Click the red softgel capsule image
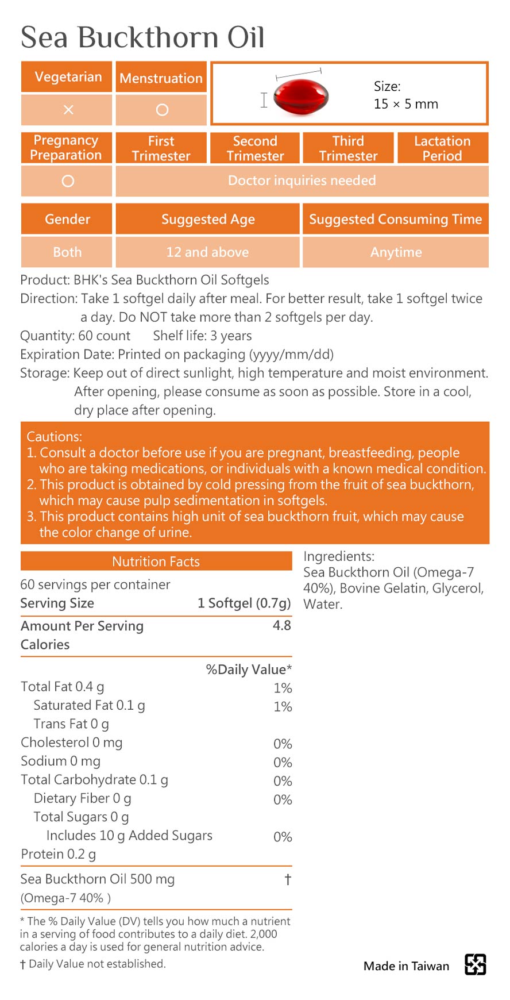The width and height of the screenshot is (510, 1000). tap(300, 96)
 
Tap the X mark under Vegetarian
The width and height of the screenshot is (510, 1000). tap(68, 110)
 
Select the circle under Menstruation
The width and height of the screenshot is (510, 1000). tap(162, 110)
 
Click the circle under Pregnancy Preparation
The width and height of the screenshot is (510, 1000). tap(68, 181)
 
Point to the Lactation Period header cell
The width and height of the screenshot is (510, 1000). tap(442, 148)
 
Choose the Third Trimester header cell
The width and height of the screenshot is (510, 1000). tap(348, 148)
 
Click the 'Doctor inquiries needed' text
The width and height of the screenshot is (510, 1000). tap(302, 180)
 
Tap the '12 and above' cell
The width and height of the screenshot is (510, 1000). tap(207, 252)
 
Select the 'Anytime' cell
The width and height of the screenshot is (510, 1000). tap(396, 252)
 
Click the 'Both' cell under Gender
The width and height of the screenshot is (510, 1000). tap(67, 252)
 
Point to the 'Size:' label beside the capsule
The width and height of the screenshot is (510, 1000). tap(387, 86)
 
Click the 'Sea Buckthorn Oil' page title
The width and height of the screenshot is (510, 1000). tap(142, 37)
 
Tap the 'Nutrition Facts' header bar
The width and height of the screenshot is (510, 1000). tap(156, 561)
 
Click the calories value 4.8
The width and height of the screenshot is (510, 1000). tap(281, 625)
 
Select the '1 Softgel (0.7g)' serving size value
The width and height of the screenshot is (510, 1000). tap(244, 603)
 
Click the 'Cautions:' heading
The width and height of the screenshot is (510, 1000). tap(55, 437)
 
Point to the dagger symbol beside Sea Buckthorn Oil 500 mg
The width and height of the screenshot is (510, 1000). tap(288, 879)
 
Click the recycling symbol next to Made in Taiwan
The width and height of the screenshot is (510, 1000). tap(475, 964)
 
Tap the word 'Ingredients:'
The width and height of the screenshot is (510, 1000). tap(339, 556)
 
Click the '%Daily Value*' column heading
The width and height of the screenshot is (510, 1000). tap(249, 670)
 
